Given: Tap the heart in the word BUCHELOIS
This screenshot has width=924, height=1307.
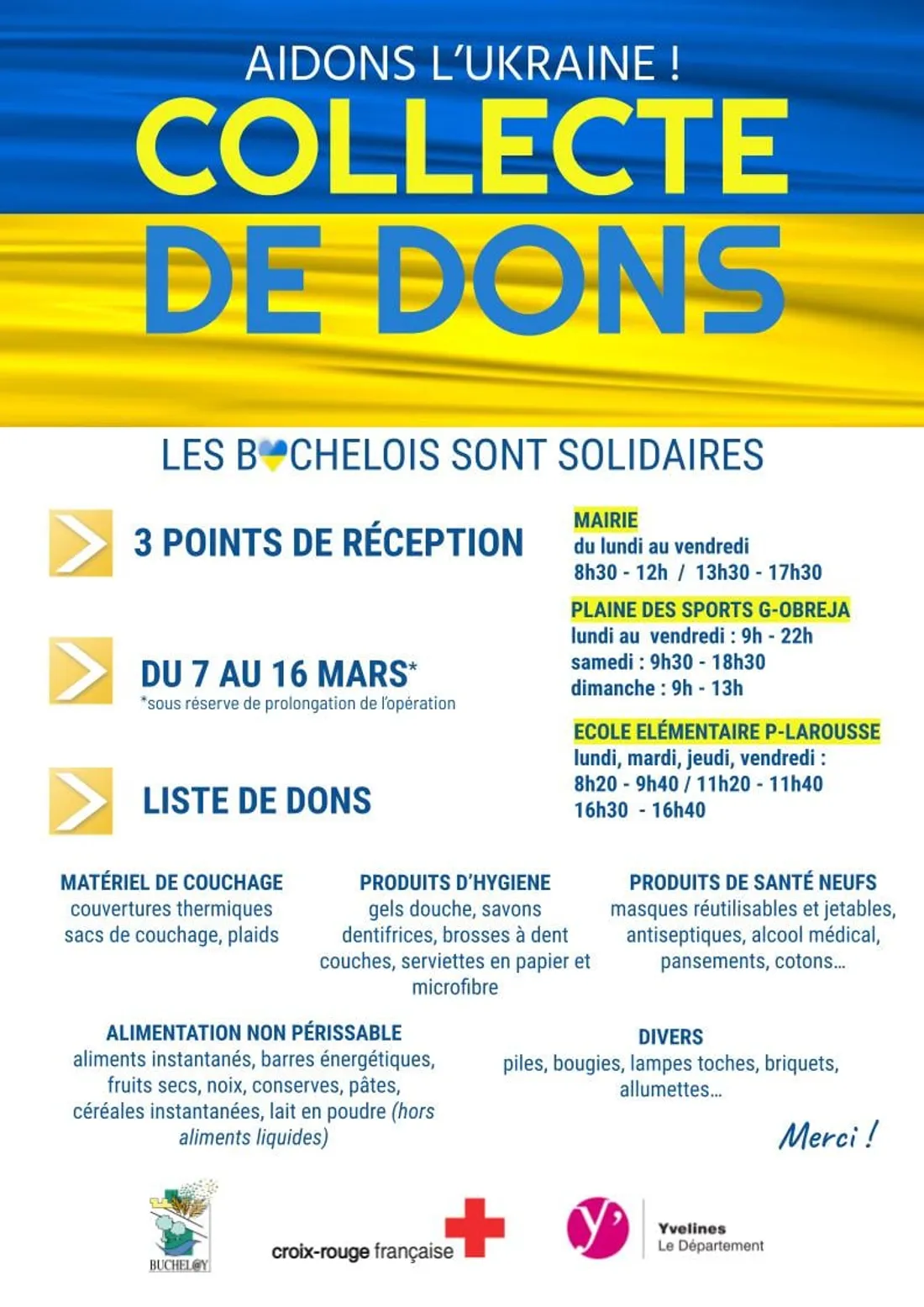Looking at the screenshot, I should pyautogui.click(x=272, y=455).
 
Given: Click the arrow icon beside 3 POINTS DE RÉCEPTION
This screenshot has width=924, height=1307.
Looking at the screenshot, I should pyautogui.click(x=81, y=543).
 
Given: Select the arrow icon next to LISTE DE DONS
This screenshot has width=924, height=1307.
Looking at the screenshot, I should pyautogui.click(x=81, y=801).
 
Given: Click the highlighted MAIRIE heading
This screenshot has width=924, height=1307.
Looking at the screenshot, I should pyautogui.click(x=606, y=520).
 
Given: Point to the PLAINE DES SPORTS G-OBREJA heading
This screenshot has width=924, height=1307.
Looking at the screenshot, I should pyautogui.click(x=710, y=609).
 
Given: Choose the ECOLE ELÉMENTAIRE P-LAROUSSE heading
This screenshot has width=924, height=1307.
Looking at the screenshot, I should pyautogui.click(x=727, y=731).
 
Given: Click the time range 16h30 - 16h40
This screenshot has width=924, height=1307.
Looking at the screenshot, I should pyautogui.click(x=639, y=810).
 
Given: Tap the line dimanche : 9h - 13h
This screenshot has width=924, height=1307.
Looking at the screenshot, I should pyautogui.click(x=657, y=688).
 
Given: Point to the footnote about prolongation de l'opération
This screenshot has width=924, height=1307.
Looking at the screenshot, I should pyautogui.click(x=298, y=704).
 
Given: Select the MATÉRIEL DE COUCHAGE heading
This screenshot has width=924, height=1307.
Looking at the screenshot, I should pyautogui.click(x=171, y=883).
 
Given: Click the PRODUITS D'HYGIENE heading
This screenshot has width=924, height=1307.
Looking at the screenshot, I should pyautogui.click(x=454, y=883).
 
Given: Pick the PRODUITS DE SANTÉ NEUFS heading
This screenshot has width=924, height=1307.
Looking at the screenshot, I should pyautogui.click(x=753, y=883).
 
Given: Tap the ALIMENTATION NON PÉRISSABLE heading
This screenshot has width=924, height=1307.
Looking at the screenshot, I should pyautogui.click(x=254, y=1033).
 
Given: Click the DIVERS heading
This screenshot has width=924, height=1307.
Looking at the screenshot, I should pyautogui.click(x=670, y=1037).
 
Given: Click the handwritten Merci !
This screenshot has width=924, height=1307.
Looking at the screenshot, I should pyautogui.click(x=827, y=1136).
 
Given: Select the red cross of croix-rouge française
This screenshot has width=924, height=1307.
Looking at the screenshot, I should pyautogui.click(x=475, y=1227).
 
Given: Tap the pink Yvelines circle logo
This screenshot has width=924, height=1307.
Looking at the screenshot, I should pyautogui.click(x=597, y=1228).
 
